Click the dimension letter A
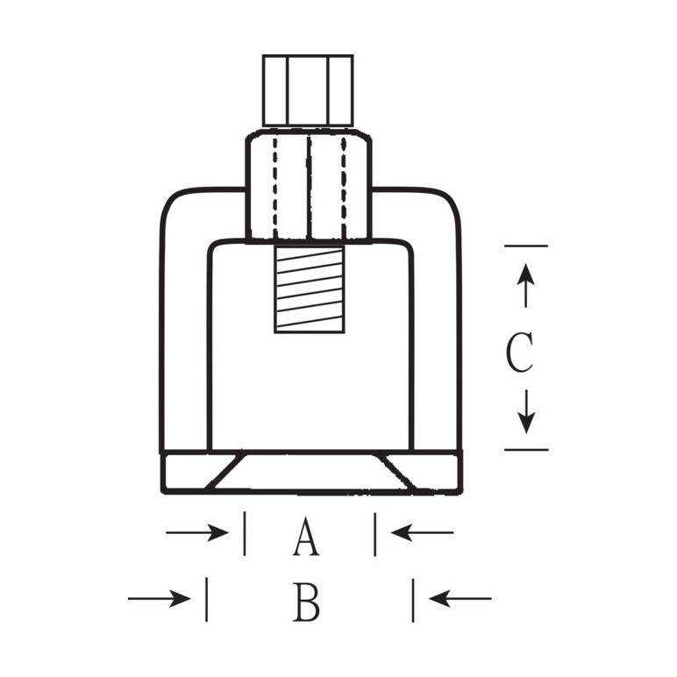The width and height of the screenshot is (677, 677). [x=306, y=538]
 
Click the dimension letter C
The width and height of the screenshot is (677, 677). [x=519, y=353]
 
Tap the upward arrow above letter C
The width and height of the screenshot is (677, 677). [x=525, y=285]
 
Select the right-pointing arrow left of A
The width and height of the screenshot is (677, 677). [x=197, y=532]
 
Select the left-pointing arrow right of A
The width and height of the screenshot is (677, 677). [x=422, y=532]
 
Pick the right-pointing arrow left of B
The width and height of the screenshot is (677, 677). [x=159, y=599]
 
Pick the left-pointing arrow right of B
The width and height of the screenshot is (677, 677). [x=460, y=599]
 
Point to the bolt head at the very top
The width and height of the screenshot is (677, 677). [x=308, y=91]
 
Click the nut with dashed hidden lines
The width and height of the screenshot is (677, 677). [x=308, y=185]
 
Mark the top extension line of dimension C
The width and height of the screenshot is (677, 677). [x=525, y=246]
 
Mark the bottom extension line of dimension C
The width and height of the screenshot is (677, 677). [x=525, y=450]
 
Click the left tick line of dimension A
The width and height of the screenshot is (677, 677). [x=244, y=533]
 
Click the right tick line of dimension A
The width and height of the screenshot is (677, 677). [x=374, y=533]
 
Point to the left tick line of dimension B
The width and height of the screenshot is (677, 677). [x=206, y=599]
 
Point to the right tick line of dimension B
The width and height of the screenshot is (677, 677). [x=412, y=599]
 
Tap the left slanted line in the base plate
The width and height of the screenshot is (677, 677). [x=224, y=471]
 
